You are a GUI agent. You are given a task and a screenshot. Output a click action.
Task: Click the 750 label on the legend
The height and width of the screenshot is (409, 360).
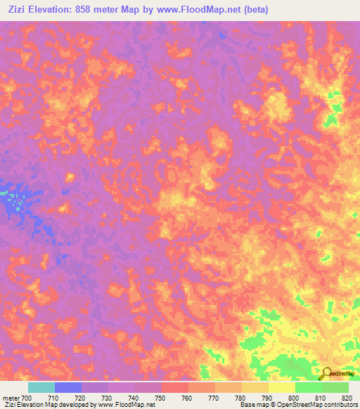[x=161, y=398]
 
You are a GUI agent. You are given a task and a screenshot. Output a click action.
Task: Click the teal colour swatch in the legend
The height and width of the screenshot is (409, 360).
[x=41, y=387]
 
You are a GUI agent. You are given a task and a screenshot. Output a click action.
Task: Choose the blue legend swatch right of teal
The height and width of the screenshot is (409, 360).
[x=68, y=387]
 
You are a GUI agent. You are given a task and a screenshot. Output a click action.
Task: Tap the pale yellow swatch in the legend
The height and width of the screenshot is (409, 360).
[x=282, y=387]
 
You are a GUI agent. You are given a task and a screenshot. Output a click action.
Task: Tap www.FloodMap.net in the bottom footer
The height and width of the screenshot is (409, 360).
[x=126, y=405]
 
